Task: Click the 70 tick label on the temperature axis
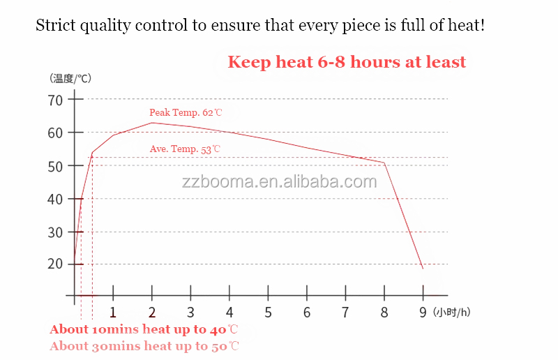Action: (55, 100)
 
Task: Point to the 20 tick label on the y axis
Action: (55, 264)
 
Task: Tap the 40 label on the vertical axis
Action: (55, 199)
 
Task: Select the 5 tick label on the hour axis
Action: (268, 312)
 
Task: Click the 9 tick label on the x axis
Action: (423, 312)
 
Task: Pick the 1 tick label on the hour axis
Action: (113, 312)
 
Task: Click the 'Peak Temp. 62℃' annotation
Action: (186, 112)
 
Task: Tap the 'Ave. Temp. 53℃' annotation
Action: (185, 149)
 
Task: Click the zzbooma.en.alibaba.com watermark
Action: (279, 182)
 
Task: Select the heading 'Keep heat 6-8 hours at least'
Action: (347, 62)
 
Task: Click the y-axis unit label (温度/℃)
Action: (70, 78)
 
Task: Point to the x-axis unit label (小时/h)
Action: (451, 312)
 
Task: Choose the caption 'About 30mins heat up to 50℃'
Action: (144, 346)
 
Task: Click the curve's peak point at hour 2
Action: (151, 123)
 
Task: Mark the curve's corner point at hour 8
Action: (384, 163)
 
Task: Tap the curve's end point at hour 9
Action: (422, 269)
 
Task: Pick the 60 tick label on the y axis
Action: (55, 133)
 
